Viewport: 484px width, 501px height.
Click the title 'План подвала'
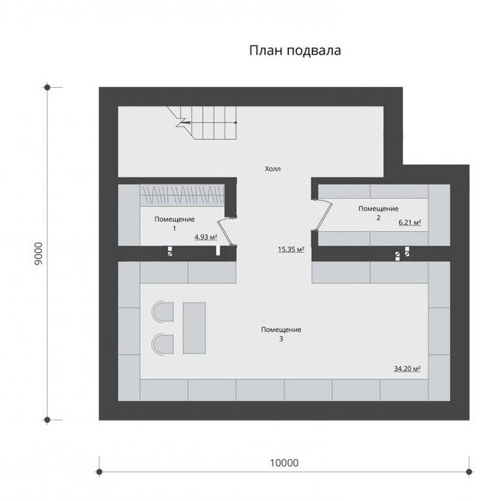tap(295, 50)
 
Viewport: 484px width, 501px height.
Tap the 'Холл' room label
tap(273, 168)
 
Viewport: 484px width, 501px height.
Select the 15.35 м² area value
tap(291, 249)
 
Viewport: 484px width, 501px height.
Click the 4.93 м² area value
tap(206, 237)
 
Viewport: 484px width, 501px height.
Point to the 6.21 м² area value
tap(410, 222)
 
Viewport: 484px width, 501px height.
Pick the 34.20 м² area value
tap(407, 369)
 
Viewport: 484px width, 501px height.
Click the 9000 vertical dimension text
tap(38, 253)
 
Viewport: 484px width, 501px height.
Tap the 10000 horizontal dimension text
tap(284, 463)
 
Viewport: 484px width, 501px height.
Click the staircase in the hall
tap(202, 123)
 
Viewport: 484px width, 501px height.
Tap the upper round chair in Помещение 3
tap(163, 312)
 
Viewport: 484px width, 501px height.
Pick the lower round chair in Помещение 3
tap(163, 344)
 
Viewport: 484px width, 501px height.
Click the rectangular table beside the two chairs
tap(194, 328)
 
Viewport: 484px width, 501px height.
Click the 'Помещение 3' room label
tap(281, 334)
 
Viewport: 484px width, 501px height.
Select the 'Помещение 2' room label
tap(379, 213)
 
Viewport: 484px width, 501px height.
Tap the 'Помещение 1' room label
tap(174, 224)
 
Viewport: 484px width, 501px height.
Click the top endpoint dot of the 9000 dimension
tap(48, 87)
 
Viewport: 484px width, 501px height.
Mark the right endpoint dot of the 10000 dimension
tap(469, 471)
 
